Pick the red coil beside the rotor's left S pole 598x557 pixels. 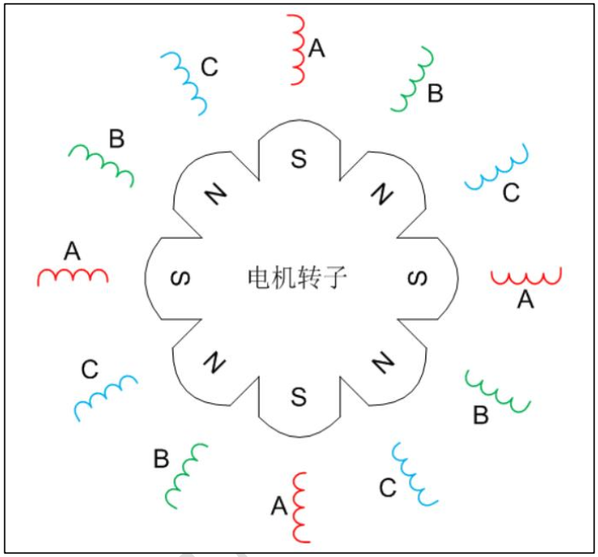pyautogui.click(x=72, y=276)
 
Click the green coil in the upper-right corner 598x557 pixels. pyautogui.click(x=413, y=80)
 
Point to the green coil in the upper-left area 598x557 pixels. pyautogui.click(x=101, y=163)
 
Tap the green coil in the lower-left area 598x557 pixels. pyautogui.click(x=188, y=475)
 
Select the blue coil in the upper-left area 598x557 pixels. pyautogui.click(x=185, y=82)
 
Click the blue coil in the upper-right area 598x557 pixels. pyautogui.click(x=497, y=168)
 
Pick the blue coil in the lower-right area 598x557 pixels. pyautogui.click(x=414, y=475)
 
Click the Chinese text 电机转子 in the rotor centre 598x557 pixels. pyautogui.click(x=298, y=278)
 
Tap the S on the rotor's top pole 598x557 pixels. pyautogui.click(x=298, y=159)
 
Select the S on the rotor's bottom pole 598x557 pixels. pyautogui.click(x=298, y=395)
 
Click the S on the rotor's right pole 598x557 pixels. pyautogui.click(x=416, y=278)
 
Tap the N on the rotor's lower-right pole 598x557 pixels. pyautogui.click(x=382, y=363)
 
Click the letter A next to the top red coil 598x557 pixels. pyautogui.click(x=316, y=49)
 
